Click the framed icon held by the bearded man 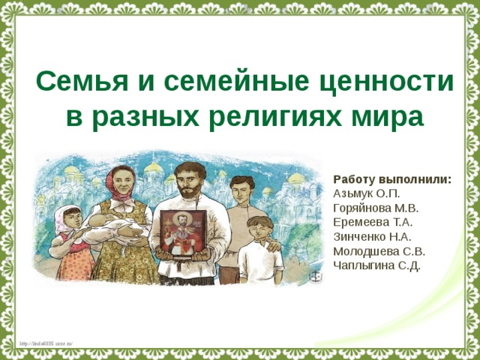click(x=183, y=232)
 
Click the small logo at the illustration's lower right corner click(x=316, y=276)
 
